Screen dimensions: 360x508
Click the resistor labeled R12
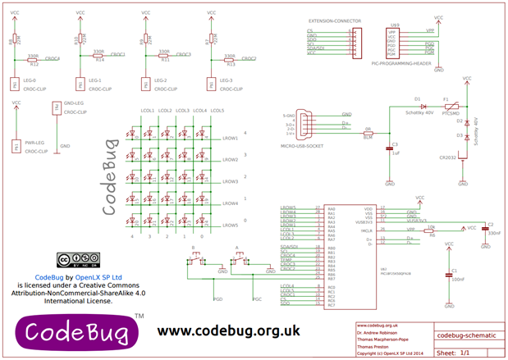[x=33, y=60]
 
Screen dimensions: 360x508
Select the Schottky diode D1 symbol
[x=423, y=107]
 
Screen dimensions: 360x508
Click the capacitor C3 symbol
[x=389, y=148]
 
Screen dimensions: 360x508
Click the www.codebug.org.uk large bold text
[x=227, y=330]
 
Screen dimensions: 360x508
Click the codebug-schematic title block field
[x=464, y=335]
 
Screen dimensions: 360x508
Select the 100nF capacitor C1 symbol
[x=448, y=278]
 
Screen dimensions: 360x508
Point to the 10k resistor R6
[x=432, y=230]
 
